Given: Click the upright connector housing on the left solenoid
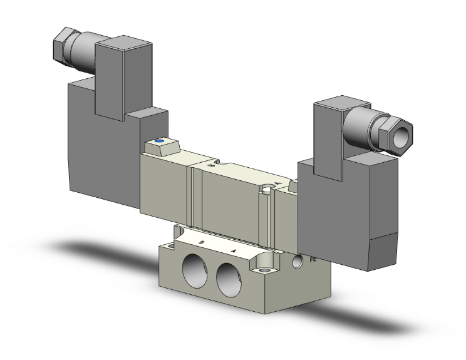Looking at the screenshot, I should pyautogui.click(x=123, y=75).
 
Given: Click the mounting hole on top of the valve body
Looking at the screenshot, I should pyautogui.click(x=269, y=188).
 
